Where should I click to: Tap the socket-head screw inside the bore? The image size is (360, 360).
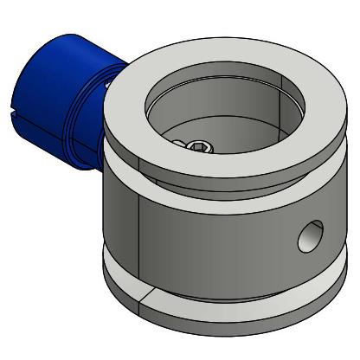coord(198,147)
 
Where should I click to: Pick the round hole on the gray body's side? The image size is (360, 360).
coord(308,235)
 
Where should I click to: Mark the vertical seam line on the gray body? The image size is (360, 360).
coord(140,234)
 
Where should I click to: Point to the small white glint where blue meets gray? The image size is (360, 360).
coord(106,84)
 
